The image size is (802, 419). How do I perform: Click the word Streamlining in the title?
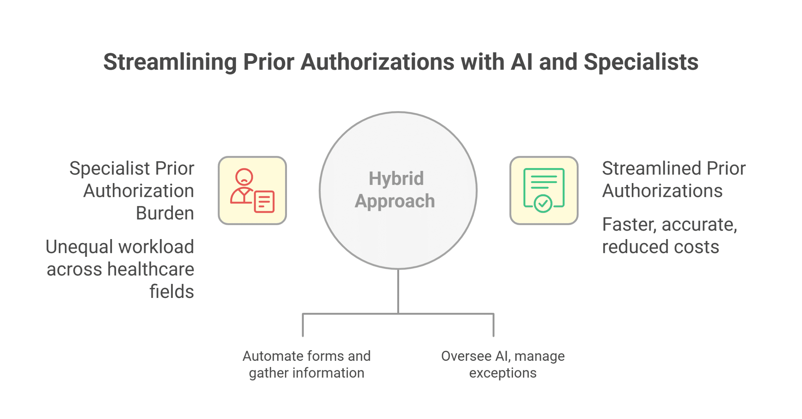[170, 62]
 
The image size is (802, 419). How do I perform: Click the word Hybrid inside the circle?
[396, 178]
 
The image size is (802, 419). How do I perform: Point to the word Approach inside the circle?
[395, 201]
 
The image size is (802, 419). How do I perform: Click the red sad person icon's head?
[244, 177]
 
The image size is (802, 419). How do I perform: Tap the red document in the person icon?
[264, 202]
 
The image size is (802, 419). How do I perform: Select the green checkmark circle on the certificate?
[543, 204]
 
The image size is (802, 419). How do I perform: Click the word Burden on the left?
[165, 213]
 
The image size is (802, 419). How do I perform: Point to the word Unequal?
[79, 247]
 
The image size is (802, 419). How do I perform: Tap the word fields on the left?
[171, 292]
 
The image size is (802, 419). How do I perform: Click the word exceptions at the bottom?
[503, 373]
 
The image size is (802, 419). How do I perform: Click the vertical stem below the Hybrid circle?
[398, 291]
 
